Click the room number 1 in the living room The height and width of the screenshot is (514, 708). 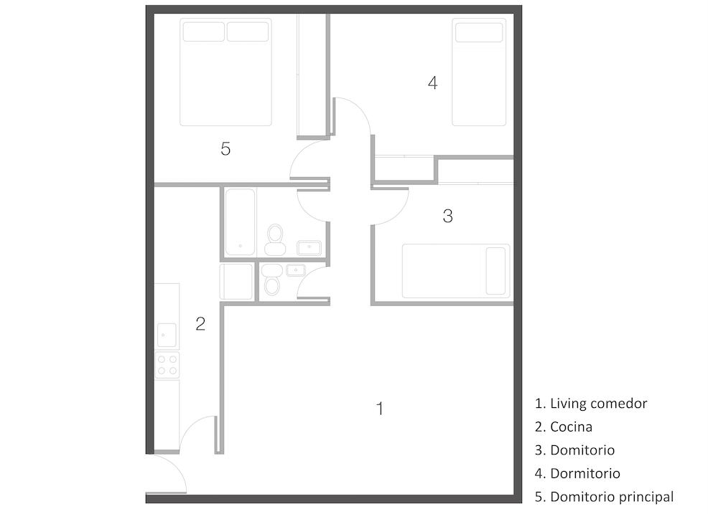click(380, 409)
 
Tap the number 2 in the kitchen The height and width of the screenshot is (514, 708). click(200, 324)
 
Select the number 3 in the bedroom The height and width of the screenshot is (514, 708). click(447, 216)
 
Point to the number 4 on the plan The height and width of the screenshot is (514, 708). click(432, 83)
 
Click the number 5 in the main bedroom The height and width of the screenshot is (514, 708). click(225, 148)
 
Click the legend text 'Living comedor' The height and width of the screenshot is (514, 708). click(599, 404)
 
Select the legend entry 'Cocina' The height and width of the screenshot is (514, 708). click(571, 427)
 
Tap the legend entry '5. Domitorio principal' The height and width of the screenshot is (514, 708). click(604, 497)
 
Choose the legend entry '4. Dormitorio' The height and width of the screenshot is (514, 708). click(577, 473)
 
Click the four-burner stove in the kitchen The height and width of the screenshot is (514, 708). click(167, 365)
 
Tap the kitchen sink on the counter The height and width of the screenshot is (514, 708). click(167, 335)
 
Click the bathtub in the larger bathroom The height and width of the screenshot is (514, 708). click(241, 222)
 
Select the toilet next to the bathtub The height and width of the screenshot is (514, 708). click(275, 240)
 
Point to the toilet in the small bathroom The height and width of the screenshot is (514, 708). click(272, 280)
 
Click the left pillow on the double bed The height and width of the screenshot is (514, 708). click(204, 32)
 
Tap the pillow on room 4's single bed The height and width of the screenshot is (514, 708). click(479, 32)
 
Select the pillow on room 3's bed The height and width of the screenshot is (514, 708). click(495, 271)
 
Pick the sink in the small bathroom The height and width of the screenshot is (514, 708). click(296, 270)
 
